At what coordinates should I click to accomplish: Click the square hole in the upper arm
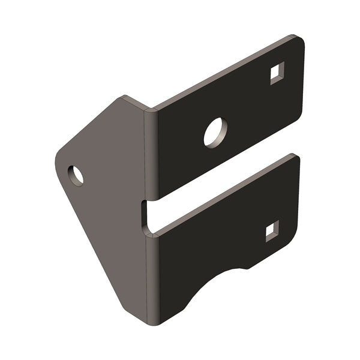[x=277, y=74]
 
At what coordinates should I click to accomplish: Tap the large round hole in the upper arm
[x=215, y=132]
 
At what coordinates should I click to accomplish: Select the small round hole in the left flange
[x=76, y=175]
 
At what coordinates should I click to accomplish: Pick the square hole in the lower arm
[x=272, y=230]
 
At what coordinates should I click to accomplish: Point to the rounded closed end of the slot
[x=146, y=216]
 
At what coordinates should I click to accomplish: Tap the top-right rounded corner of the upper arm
[x=298, y=41]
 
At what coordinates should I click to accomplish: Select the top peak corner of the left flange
[x=124, y=98]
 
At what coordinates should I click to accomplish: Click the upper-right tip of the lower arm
[x=295, y=158]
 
